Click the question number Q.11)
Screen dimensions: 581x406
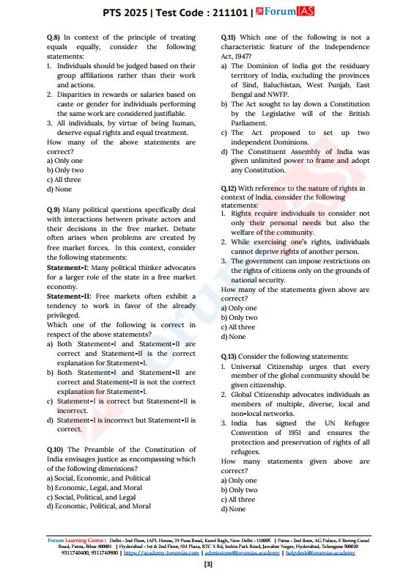tap(229, 37)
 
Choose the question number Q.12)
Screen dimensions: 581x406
tap(229, 189)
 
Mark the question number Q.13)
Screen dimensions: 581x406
tap(229, 357)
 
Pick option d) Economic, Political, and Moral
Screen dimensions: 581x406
tap(98, 506)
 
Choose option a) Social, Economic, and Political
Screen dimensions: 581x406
tap(97, 478)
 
